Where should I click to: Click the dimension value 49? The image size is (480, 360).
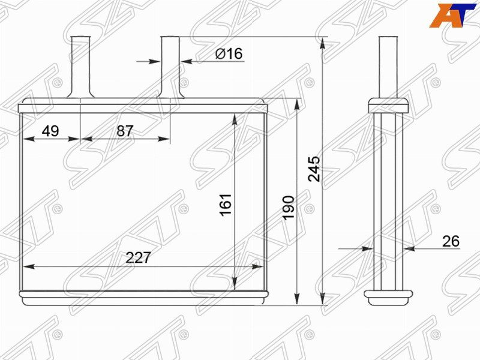click(x=50, y=131)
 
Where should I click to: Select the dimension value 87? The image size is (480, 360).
click(x=125, y=131)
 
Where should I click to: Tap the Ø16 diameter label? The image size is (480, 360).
click(x=229, y=53)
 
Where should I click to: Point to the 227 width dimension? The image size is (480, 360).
click(x=139, y=258)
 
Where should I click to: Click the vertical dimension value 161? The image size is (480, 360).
click(x=226, y=205)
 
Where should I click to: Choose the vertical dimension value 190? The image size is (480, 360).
click(x=288, y=208)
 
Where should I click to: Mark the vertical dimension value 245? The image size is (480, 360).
click(x=314, y=169)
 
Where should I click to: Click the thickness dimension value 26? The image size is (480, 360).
click(x=451, y=241)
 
